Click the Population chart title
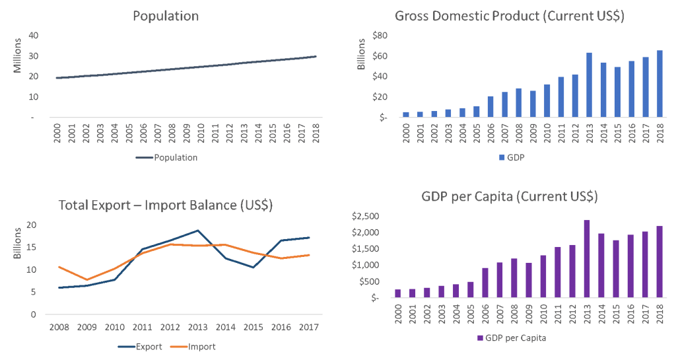pyautogui.click(x=166, y=16)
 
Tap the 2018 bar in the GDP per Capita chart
pyautogui.click(x=659, y=262)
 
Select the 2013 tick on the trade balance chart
pyautogui.click(x=197, y=326)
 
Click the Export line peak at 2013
pyautogui.click(x=197, y=231)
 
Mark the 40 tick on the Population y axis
pyautogui.click(x=33, y=35)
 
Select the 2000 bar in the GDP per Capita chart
pyautogui.click(x=397, y=293)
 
